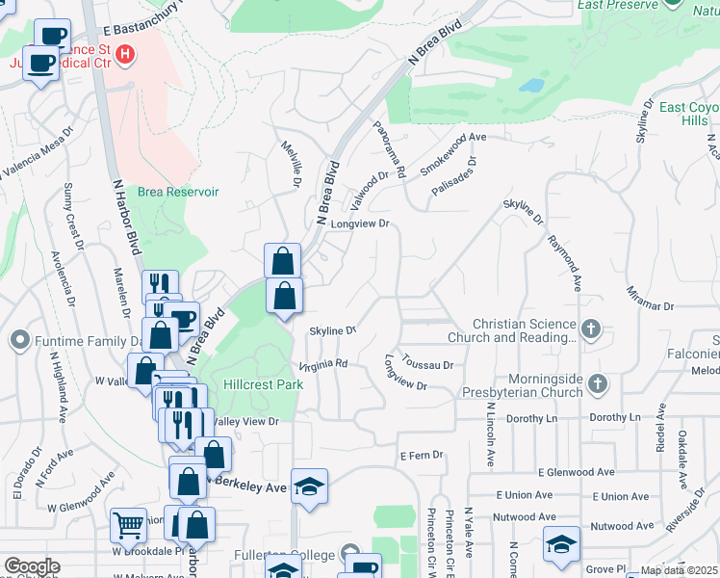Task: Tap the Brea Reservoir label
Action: pyautogui.click(x=178, y=192)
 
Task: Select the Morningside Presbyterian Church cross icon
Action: pyautogui.click(x=597, y=384)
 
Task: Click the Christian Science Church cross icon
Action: pyautogui.click(x=591, y=330)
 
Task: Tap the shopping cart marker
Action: pyautogui.click(x=128, y=526)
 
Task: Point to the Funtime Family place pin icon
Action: pyautogui.click(x=19, y=341)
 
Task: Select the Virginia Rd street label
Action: pyautogui.click(x=322, y=366)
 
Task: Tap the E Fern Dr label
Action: pyautogui.click(x=421, y=455)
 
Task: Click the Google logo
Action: pyautogui.click(x=32, y=566)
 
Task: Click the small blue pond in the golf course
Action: pyautogui.click(x=530, y=84)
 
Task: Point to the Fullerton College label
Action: pyautogui.click(x=284, y=556)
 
